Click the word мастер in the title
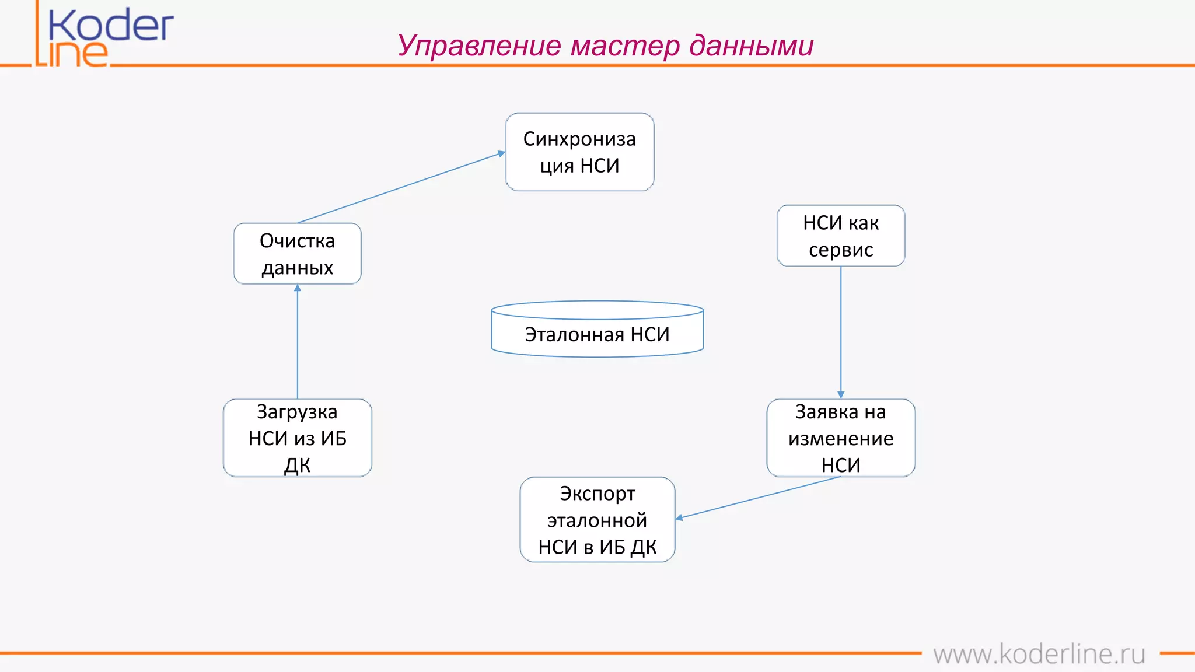tap(625, 45)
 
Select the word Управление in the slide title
tap(479, 45)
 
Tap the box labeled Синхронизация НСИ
tap(579, 152)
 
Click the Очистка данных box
tap(297, 254)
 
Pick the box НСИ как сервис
tap(840, 236)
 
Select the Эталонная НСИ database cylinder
tap(597, 330)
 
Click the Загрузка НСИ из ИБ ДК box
tap(297, 437)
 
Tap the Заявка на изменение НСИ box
tap(840, 437)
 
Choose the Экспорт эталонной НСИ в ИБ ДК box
tap(597, 519)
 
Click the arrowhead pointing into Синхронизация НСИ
tap(501, 153)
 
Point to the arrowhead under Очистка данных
tap(298, 288)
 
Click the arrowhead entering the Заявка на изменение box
tap(841, 395)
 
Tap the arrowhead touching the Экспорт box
tap(680, 517)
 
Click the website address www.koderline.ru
tap(1039, 654)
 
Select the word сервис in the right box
tap(840, 250)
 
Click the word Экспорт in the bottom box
tap(597, 494)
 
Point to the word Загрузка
tap(297, 412)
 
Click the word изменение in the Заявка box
tap(840, 438)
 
